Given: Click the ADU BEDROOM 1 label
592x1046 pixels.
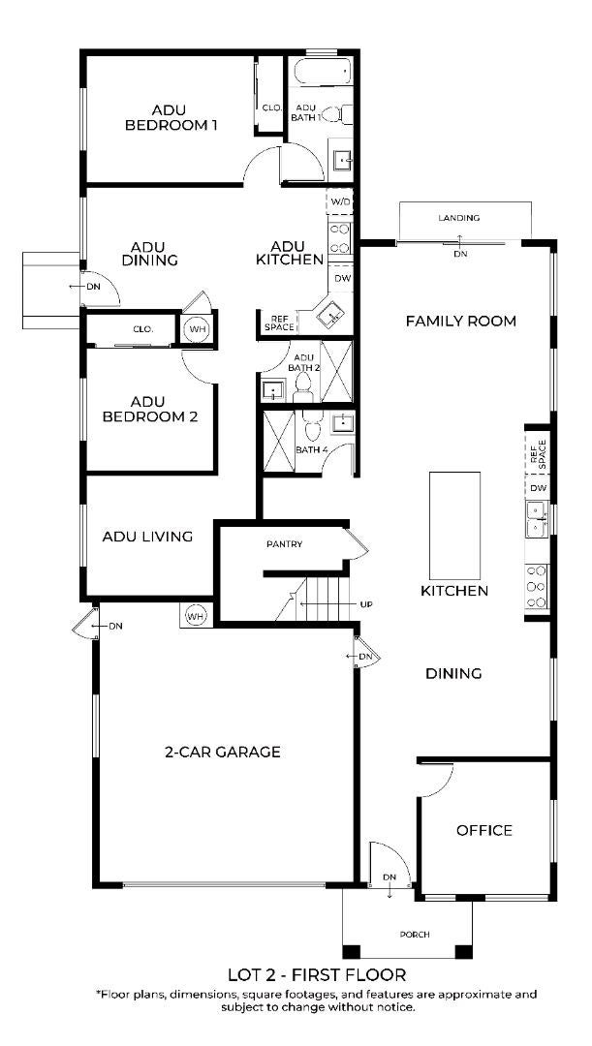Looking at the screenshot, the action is click(171, 117).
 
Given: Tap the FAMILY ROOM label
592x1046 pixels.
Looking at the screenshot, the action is click(460, 321).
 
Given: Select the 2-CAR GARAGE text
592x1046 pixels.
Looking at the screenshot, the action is click(222, 752).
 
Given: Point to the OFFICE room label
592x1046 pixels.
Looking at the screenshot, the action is click(484, 830).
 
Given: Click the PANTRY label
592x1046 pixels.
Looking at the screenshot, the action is click(284, 543).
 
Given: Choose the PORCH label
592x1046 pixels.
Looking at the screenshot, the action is click(415, 934).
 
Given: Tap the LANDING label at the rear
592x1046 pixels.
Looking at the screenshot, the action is click(458, 218).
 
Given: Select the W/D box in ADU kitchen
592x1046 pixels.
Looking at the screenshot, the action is click(340, 200).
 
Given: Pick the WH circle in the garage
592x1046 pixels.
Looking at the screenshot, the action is click(196, 616).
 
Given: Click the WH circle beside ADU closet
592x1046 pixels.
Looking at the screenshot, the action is click(196, 329).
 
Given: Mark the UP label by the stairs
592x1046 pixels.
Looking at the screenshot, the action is click(365, 604).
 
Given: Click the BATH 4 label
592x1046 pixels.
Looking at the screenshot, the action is click(312, 449).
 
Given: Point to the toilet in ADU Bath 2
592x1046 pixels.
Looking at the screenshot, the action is click(303, 387).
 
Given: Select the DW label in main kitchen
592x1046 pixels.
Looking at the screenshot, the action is click(540, 487).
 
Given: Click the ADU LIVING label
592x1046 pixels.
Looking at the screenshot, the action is click(147, 536).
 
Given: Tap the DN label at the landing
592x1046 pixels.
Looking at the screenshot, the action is click(460, 254).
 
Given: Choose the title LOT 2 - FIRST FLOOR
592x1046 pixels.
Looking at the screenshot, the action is click(317, 974).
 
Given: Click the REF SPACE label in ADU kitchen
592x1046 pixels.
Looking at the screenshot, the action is click(278, 323).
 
